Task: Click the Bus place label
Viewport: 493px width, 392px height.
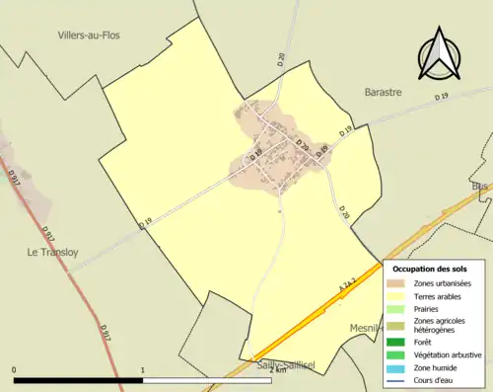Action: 481,186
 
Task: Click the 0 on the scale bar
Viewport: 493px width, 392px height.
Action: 15,371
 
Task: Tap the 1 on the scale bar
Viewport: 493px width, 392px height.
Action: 143,371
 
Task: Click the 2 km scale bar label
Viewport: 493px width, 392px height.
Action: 277,371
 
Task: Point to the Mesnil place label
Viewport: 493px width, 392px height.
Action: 366,328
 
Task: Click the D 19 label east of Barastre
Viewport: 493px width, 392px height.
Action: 441,96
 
